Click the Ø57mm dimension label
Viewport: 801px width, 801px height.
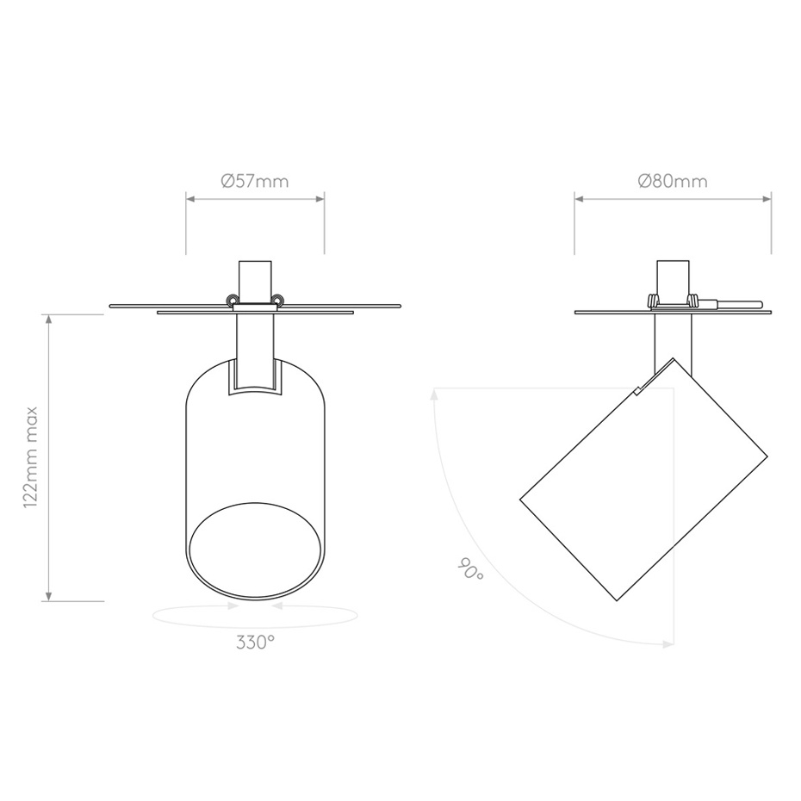255,181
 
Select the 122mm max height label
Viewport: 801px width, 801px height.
32,457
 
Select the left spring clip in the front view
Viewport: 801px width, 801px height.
232,299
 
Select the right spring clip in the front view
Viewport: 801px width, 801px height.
277,299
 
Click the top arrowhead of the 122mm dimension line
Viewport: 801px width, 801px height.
49,319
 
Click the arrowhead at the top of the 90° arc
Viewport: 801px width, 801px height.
436,394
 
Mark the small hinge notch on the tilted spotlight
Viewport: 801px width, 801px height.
638,388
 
